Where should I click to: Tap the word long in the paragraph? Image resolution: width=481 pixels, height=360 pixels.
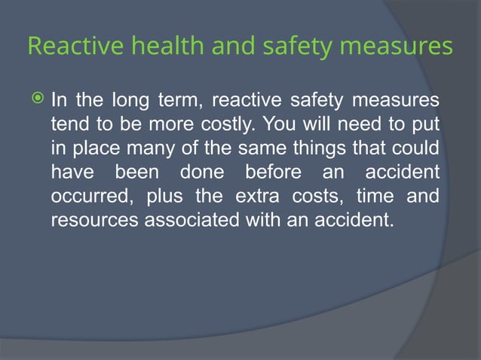coord(128,99)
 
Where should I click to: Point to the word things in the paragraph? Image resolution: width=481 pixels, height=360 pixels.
coord(306,148)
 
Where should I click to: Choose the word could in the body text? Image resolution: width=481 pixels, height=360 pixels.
coord(415,148)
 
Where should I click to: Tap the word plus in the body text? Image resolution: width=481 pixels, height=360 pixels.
coord(164,197)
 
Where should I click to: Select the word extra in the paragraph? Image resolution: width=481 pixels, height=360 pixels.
coord(262,197)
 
